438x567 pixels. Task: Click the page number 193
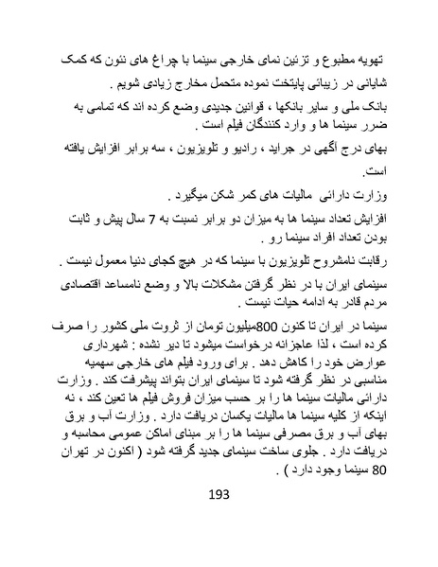point(219,521)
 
